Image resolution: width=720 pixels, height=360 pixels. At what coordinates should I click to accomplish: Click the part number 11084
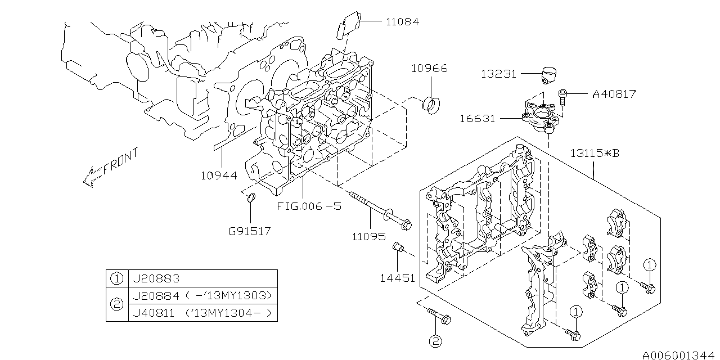click(402, 22)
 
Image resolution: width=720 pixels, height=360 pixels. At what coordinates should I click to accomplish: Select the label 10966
click(429, 69)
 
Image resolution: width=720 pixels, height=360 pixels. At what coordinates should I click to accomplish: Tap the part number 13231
click(498, 74)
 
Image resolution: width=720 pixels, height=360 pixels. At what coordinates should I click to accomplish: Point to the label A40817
click(614, 94)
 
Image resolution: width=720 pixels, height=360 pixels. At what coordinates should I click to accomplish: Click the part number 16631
click(478, 119)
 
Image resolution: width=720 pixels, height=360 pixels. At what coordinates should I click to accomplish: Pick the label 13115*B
click(595, 153)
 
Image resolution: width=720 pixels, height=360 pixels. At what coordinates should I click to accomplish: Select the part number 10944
click(219, 175)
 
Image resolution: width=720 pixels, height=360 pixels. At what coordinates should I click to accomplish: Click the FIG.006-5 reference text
click(309, 206)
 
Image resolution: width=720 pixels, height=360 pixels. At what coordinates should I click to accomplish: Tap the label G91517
click(249, 231)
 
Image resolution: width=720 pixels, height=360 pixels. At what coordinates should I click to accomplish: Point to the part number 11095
click(369, 237)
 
